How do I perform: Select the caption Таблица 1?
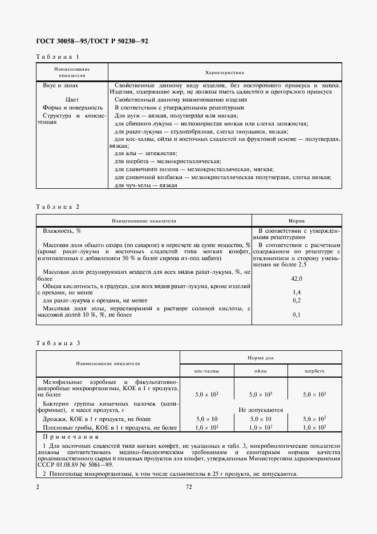pos(58,57)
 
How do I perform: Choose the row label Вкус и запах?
pos(60,85)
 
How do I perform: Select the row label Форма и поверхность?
pos(72,107)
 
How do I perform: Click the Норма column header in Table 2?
pos(296,220)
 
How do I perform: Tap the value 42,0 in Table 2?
pos(297,278)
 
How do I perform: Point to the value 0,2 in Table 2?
pos(297,300)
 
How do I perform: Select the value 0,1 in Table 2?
pos(297,315)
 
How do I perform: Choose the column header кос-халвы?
pos(206,371)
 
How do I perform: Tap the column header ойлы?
pos(261,371)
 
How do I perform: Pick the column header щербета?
pos(314,371)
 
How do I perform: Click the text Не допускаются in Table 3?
pos(261,410)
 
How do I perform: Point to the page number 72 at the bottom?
pos(189,487)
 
